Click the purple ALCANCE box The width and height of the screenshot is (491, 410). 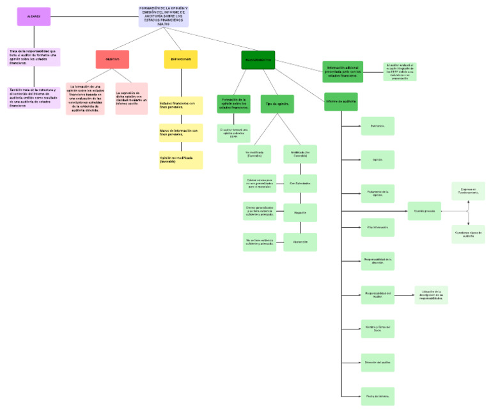(33, 17)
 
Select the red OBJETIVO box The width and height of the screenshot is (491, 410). (112, 59)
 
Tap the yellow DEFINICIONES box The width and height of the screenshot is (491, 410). (180, 59)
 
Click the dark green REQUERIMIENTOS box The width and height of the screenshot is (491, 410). (258, 60)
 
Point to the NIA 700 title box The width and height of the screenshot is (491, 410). (164, 17)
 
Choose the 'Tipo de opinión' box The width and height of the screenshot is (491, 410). (277, 104)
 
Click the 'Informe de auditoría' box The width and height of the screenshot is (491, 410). (341, 102)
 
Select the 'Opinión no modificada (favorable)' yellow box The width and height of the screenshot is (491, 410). (181, 160)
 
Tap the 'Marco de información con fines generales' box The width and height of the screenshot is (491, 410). (181, 132)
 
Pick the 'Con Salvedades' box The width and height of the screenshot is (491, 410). (300, 184)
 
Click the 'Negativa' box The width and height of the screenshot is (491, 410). (300, 212)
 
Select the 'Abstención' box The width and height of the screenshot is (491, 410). (300, 242)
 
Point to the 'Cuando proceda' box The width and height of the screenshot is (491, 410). (425, 210)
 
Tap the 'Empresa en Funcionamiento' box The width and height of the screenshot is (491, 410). (468, 191)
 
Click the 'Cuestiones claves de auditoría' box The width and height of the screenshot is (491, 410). (468, 234)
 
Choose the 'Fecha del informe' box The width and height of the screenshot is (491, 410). (377, 396)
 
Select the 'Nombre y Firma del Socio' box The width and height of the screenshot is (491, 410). (377, 329)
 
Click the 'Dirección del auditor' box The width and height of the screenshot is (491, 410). (377, 362)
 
